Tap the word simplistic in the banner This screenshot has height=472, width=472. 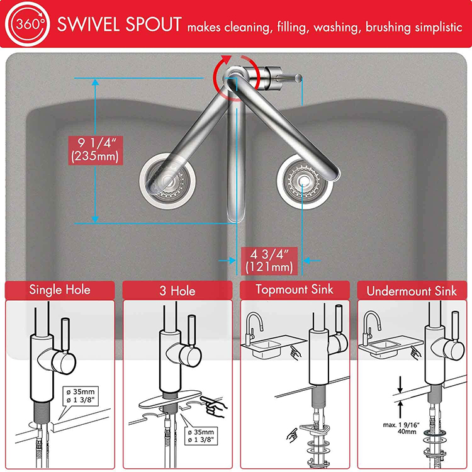pos(434,27)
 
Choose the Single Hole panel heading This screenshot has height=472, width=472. pos(60,290)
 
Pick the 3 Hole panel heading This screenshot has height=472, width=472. pos(177,291)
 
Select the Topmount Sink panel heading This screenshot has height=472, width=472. pos(295,290)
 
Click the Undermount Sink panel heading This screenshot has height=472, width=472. pos(412,291)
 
